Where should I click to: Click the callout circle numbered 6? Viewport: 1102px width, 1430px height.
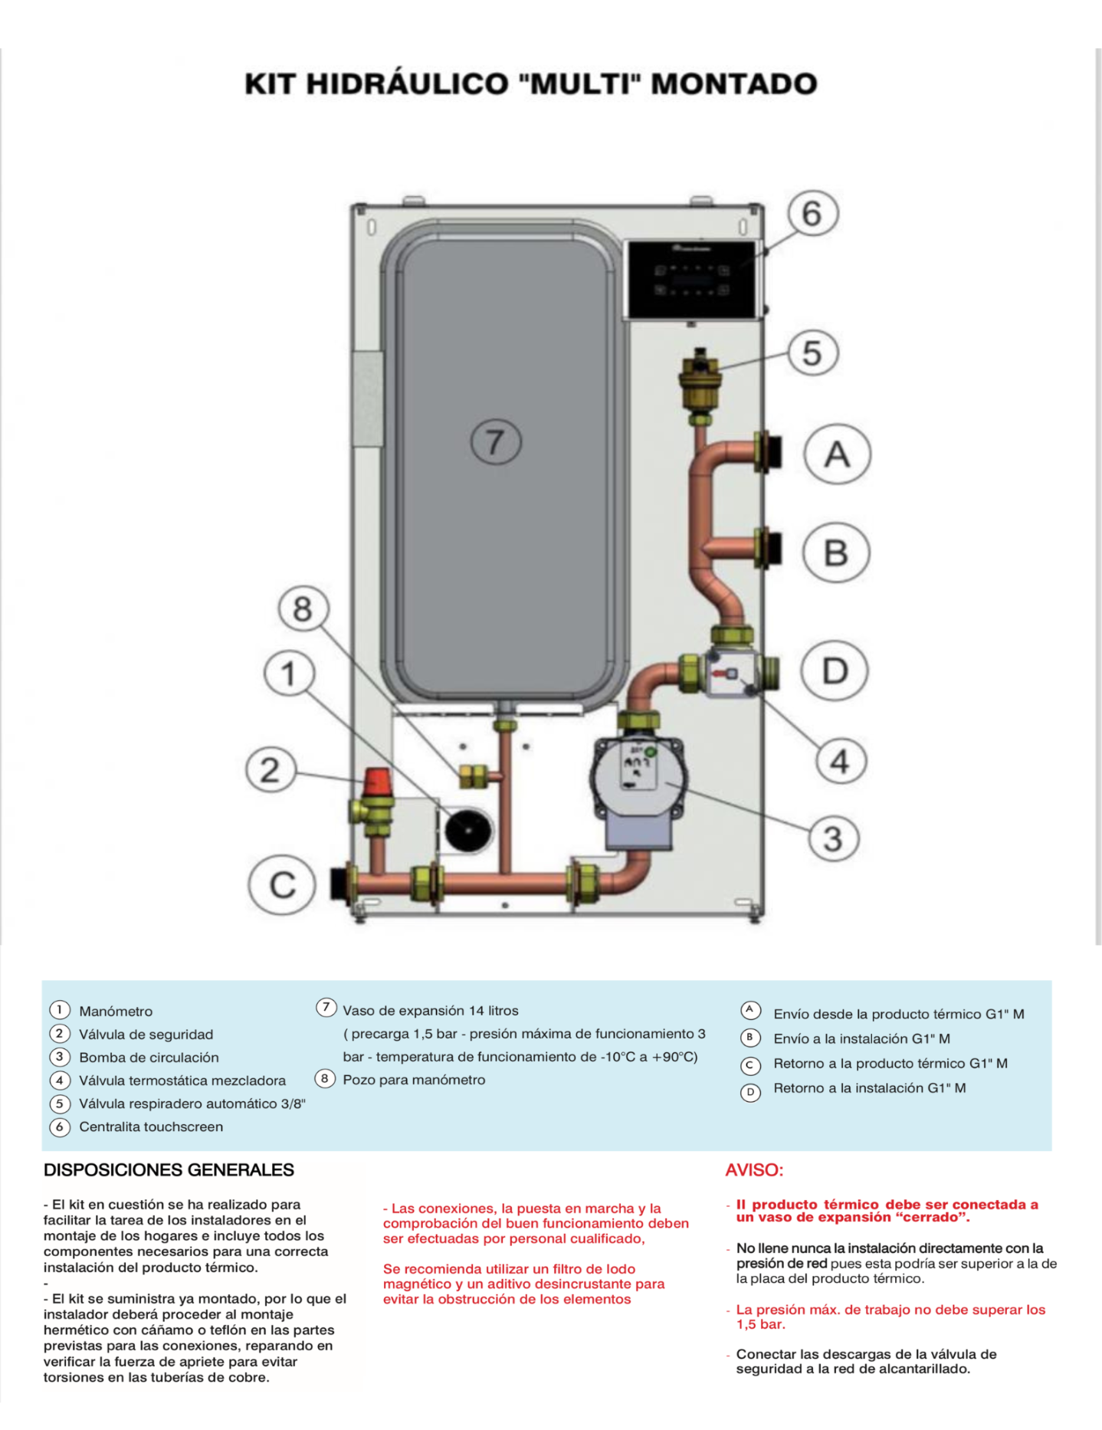812,214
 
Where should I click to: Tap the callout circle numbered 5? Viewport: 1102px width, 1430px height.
812,353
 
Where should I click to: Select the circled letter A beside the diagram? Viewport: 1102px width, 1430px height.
837,454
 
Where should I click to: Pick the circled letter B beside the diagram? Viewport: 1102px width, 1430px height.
836,553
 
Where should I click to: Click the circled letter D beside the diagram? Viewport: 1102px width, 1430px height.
835,671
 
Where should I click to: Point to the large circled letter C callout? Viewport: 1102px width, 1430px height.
282,885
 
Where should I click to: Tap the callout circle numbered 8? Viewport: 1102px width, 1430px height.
303,609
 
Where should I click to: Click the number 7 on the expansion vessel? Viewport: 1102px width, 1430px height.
495,442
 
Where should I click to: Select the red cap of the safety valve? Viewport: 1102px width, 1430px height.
378,781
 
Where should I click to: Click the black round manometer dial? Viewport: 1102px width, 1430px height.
468,830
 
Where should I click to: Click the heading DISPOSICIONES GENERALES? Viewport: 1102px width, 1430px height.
169,1170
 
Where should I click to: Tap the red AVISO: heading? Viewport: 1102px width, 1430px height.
754,1170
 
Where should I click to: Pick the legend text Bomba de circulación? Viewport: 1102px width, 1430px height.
149,1058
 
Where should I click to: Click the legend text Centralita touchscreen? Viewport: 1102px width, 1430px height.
151,1127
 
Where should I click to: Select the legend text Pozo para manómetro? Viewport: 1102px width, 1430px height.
414,1080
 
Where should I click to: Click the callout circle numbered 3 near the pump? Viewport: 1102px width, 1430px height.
833,838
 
